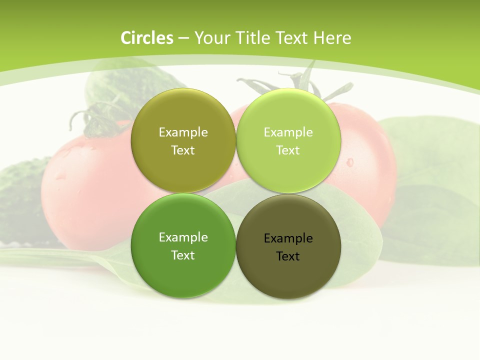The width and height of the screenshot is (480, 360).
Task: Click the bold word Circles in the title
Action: click(147, 38)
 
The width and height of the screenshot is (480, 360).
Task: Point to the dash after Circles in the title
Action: click(183, 38)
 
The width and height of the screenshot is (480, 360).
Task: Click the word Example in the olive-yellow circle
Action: click(183, 132)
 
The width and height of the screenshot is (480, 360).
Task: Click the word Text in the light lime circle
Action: click(288, 150)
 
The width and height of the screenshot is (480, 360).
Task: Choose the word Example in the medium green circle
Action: click(183, 237)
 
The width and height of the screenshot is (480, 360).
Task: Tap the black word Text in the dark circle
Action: click(288, 256)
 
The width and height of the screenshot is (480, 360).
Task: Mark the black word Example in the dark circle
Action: click(288, 238)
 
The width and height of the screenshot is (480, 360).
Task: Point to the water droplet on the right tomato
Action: click(349, 162)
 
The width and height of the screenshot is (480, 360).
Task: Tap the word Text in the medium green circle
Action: click(183, 255)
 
